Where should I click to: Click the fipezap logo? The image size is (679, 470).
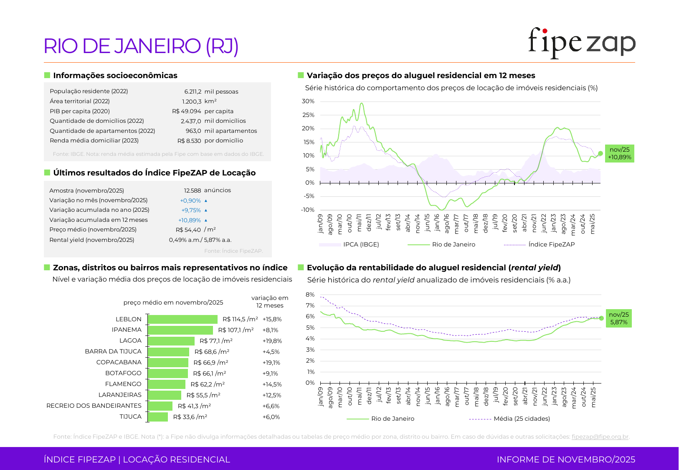click(581, 43)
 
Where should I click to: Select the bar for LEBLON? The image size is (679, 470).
click(183, 320)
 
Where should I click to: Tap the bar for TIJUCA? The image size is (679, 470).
click(158, 417)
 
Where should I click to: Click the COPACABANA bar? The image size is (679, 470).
click(168, 363)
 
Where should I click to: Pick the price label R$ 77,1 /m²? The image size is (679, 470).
click(216, 341)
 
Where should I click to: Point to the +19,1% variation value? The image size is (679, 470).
click(271, 363)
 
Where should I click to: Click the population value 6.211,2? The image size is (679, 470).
click(193, 91)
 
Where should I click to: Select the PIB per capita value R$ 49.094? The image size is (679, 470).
click(187, 111)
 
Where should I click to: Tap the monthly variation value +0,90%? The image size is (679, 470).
click(190, 201)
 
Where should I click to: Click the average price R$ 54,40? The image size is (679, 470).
click(188, 230)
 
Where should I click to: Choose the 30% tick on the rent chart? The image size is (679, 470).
click(308, 102)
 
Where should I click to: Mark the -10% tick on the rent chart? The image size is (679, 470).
click(308, 210)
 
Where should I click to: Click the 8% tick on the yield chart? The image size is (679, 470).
click(310, 295)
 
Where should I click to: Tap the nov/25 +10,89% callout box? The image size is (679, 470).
click(619, 153)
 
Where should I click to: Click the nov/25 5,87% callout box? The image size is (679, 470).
click(618, 318)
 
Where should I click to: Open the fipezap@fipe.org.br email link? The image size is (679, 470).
click(600, 437)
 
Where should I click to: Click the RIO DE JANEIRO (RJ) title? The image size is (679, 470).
click(141, 46)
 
